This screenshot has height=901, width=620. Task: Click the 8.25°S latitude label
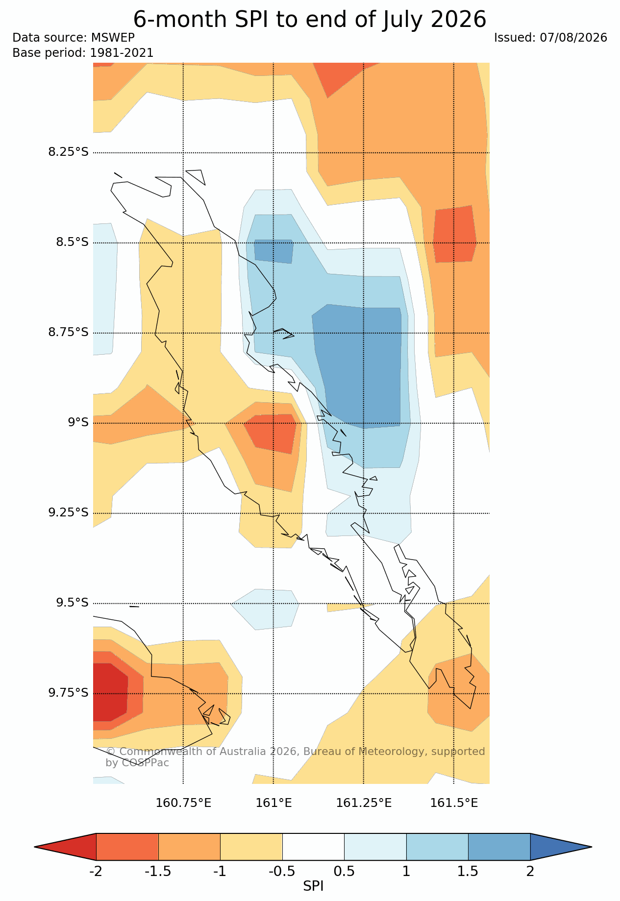tap(68, 152)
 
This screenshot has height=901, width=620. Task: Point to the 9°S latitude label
tap(78, 422)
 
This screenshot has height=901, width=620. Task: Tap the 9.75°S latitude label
tap(68, 692)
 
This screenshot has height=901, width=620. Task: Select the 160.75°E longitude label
tap(183, 803)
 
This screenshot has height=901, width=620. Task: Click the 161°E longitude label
tap(273, 803)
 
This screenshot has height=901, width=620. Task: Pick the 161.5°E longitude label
tap(454, 803)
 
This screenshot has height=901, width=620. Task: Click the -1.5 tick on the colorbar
tap(158, 871)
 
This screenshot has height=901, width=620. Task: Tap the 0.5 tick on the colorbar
tap(344, 871)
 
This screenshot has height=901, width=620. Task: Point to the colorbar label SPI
tap(313, 886)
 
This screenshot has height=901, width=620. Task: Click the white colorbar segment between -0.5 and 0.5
tap(313, 847)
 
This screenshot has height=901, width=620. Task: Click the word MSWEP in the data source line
tap(113, 38)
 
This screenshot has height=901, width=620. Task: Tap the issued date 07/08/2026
tap(573, 38)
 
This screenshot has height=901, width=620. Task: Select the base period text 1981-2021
tap(122, 52)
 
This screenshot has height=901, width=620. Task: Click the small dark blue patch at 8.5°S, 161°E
tap(273, 251)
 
